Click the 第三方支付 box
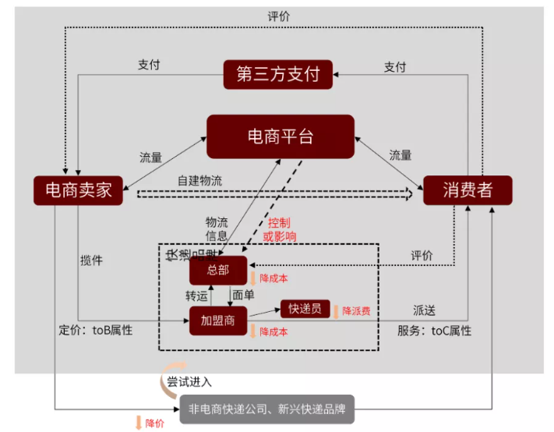coord(278,74)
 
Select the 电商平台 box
coord(280,137)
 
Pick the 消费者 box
coord(467,189)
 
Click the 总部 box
coord(218,270)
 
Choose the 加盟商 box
coord(218,320)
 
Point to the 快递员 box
coord(305,308)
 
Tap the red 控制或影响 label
coord(279,229)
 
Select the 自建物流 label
coord(199,180)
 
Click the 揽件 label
coord(91,260)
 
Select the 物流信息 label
coord(217,228)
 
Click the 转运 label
coord(196,296)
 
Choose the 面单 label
coord(242,296)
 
